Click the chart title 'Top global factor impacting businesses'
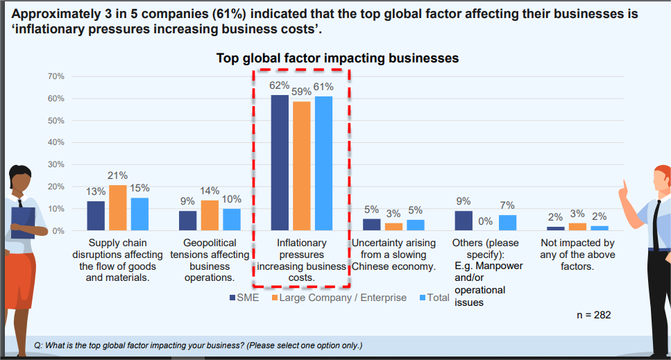(337, 58)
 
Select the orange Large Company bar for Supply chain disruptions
(117, 207)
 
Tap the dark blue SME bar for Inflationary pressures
(280, 162)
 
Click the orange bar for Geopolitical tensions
(209, 215)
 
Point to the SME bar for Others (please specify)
(464, 221)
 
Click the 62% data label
(279, 85)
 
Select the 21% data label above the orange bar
(117, 176)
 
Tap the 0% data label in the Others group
(485, 221)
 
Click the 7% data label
(507, 205)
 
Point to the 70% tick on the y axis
(56, 76)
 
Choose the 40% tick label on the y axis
(56, 142)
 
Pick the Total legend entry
(435, 298)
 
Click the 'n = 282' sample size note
(594, 314)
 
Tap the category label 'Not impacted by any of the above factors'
(577, 254)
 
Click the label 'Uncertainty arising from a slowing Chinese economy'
(393, 254)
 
